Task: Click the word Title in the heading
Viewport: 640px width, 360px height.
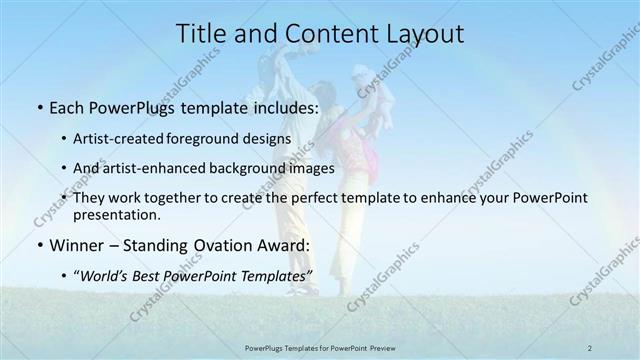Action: (200, 33)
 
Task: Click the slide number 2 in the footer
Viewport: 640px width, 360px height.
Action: (590, 347)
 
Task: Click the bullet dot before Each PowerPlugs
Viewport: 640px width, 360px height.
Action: (38, 106)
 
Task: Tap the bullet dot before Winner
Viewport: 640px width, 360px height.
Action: (38, 246)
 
